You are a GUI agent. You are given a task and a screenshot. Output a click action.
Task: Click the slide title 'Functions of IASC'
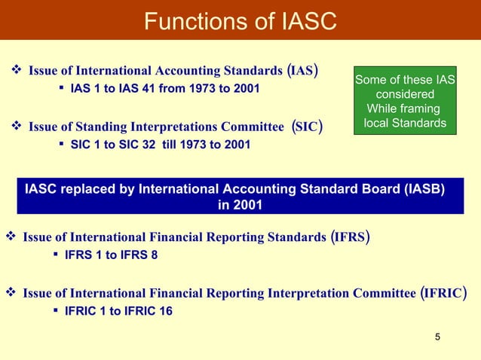[x=240, y=20]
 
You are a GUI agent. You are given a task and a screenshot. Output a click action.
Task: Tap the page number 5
[x=438, y=336]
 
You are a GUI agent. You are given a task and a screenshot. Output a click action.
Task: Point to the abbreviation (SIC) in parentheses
[x=307, y=126]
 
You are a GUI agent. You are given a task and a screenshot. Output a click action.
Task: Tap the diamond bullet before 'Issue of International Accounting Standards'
[x=17, y=72]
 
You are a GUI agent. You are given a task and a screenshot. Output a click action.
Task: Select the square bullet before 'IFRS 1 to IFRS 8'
[x=57, y=255]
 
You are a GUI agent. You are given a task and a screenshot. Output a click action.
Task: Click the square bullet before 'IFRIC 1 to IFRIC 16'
[x=57, y=309]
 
